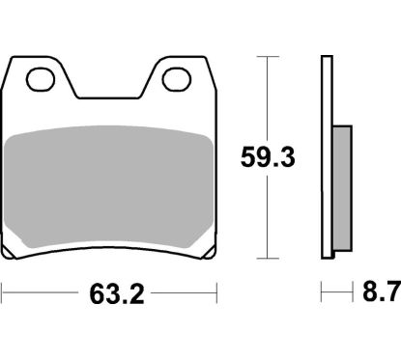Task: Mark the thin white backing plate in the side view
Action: [327, 154]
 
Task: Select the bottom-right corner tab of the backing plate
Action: [205, 252]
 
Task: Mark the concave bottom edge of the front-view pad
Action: [108, 242]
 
